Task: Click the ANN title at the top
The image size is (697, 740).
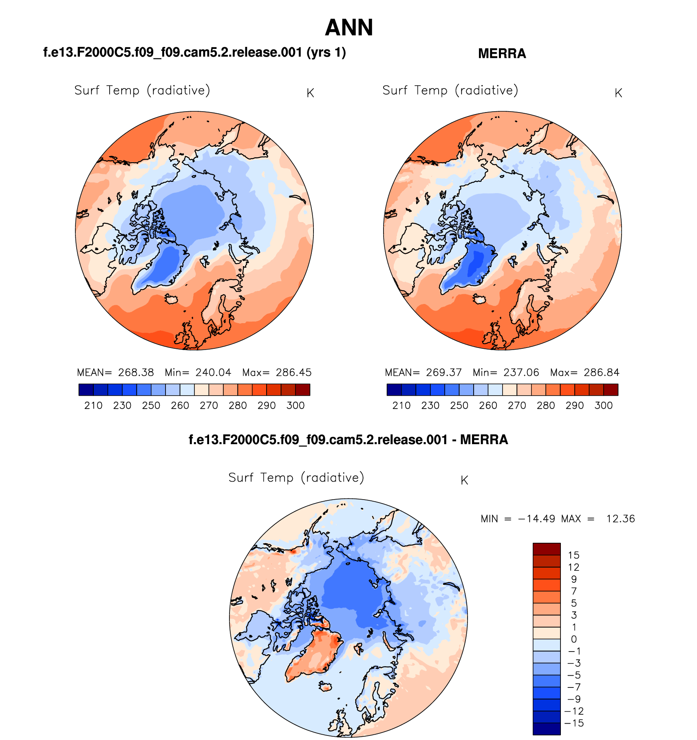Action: pyautogui.click(x=349, y=28)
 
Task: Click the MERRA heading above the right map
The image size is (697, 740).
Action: pyautogui.click(x=502, y=53)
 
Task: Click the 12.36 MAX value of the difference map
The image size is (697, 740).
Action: pyautogui.click(x=620, y=519)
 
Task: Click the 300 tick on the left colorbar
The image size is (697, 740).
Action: pyautogui.click(x=296, y=405)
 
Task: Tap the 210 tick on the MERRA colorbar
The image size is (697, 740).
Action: pyautogui.click(x=401, y=405)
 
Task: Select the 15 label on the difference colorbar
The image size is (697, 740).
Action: pyautogui.click(x=573, y=555)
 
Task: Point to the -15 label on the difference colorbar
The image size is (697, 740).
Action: pyautogui.click(x=573, y=723)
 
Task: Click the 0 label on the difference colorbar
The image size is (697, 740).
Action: pyautogui.click(x=573, y=639)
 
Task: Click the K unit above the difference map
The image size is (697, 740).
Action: pyautogui.click(x=464, y=480)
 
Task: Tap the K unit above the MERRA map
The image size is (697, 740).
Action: pyautogui.click(x=618, y=93)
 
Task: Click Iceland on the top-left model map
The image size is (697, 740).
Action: pyautogui.click(x=172, y=299)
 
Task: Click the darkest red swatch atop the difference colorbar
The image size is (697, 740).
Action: pyautogui.click(x=546, y=549)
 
